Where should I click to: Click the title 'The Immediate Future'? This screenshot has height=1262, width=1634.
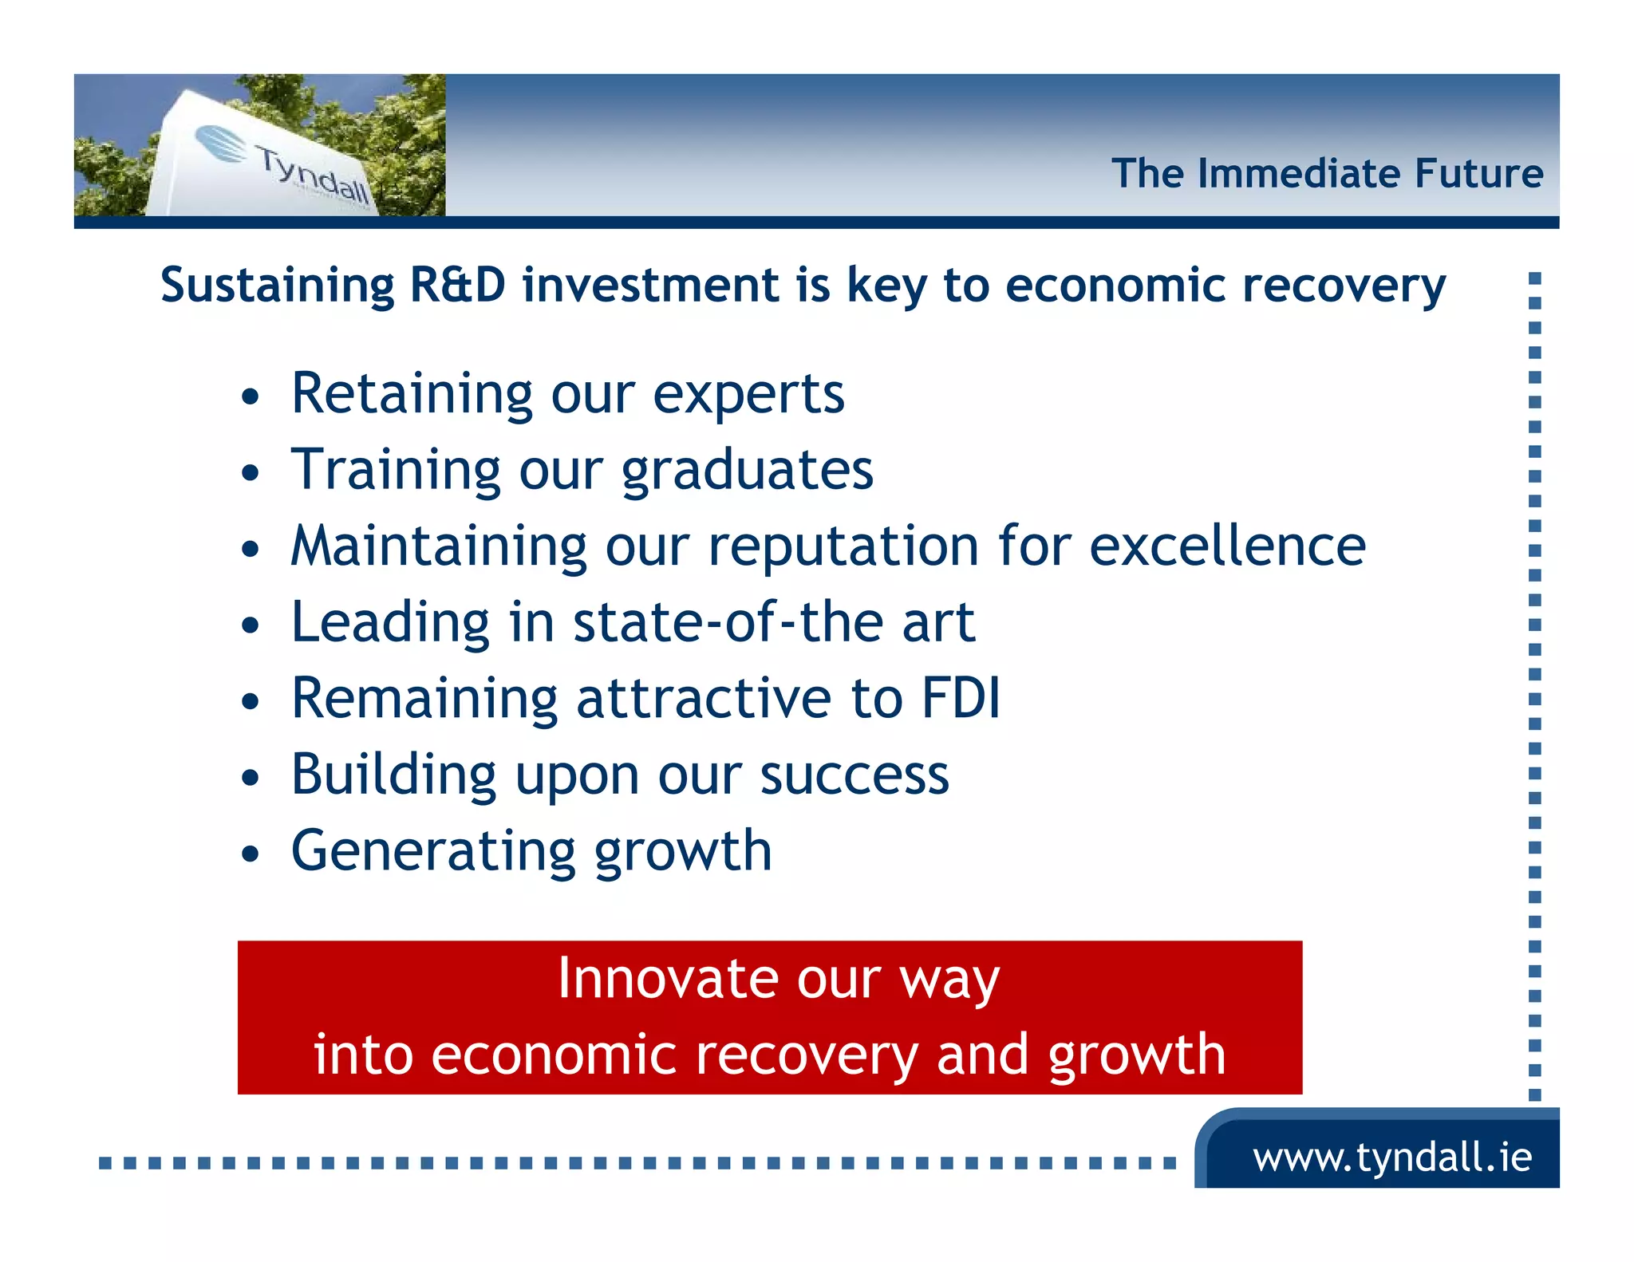[1327, 173]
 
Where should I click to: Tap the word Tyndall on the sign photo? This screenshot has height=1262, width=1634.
[313, 174]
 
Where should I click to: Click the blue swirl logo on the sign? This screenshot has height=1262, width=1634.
[221, 144]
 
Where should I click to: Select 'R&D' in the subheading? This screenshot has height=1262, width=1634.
[456, 285]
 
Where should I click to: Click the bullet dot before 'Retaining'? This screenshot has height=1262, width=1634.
[251, 396]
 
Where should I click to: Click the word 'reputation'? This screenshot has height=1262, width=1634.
[843, 549]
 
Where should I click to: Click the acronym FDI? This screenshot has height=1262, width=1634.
[960, 698]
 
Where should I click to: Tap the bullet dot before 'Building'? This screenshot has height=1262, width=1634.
[251, 777]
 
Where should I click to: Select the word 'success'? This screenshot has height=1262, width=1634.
[854, 775]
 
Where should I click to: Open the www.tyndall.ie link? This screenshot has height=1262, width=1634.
[1391, 1157]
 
